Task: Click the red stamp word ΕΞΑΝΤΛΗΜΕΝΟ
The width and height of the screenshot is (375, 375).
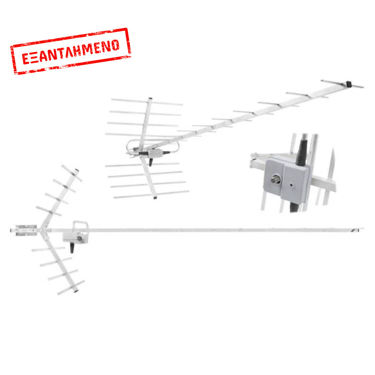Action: (x=71, y=52)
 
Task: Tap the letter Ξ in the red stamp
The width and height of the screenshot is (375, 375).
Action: (x=34, y=58)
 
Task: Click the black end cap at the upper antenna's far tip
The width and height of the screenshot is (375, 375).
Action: (x=349, y=84)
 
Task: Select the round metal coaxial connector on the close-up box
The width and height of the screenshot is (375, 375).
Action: (x=276, y=180)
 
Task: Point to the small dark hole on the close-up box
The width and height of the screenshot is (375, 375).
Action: (x=291, y=184)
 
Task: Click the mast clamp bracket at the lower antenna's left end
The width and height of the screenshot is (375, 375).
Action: (x=26, y=230)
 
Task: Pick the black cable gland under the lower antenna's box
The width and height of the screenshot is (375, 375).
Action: (x=72, y=247)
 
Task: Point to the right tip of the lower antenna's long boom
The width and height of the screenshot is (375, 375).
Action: (x=363, y=229)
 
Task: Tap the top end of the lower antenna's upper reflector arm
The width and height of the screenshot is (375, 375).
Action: (x=77, y=170)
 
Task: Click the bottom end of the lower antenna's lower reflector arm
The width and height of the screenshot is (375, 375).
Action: (x=76, y=291)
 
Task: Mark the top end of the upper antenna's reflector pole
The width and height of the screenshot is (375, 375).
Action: (x=150, y=98)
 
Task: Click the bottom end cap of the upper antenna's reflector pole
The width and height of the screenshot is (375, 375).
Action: (x=155, y=197)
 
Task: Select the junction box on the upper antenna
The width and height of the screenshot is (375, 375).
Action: (x=156, y=153)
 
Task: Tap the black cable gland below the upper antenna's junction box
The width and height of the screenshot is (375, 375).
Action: (x=150, y=162)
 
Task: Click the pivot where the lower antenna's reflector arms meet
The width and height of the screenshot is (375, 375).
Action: (x=41, y=230)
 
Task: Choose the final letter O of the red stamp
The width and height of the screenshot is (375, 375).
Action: (x=115, y=45)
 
